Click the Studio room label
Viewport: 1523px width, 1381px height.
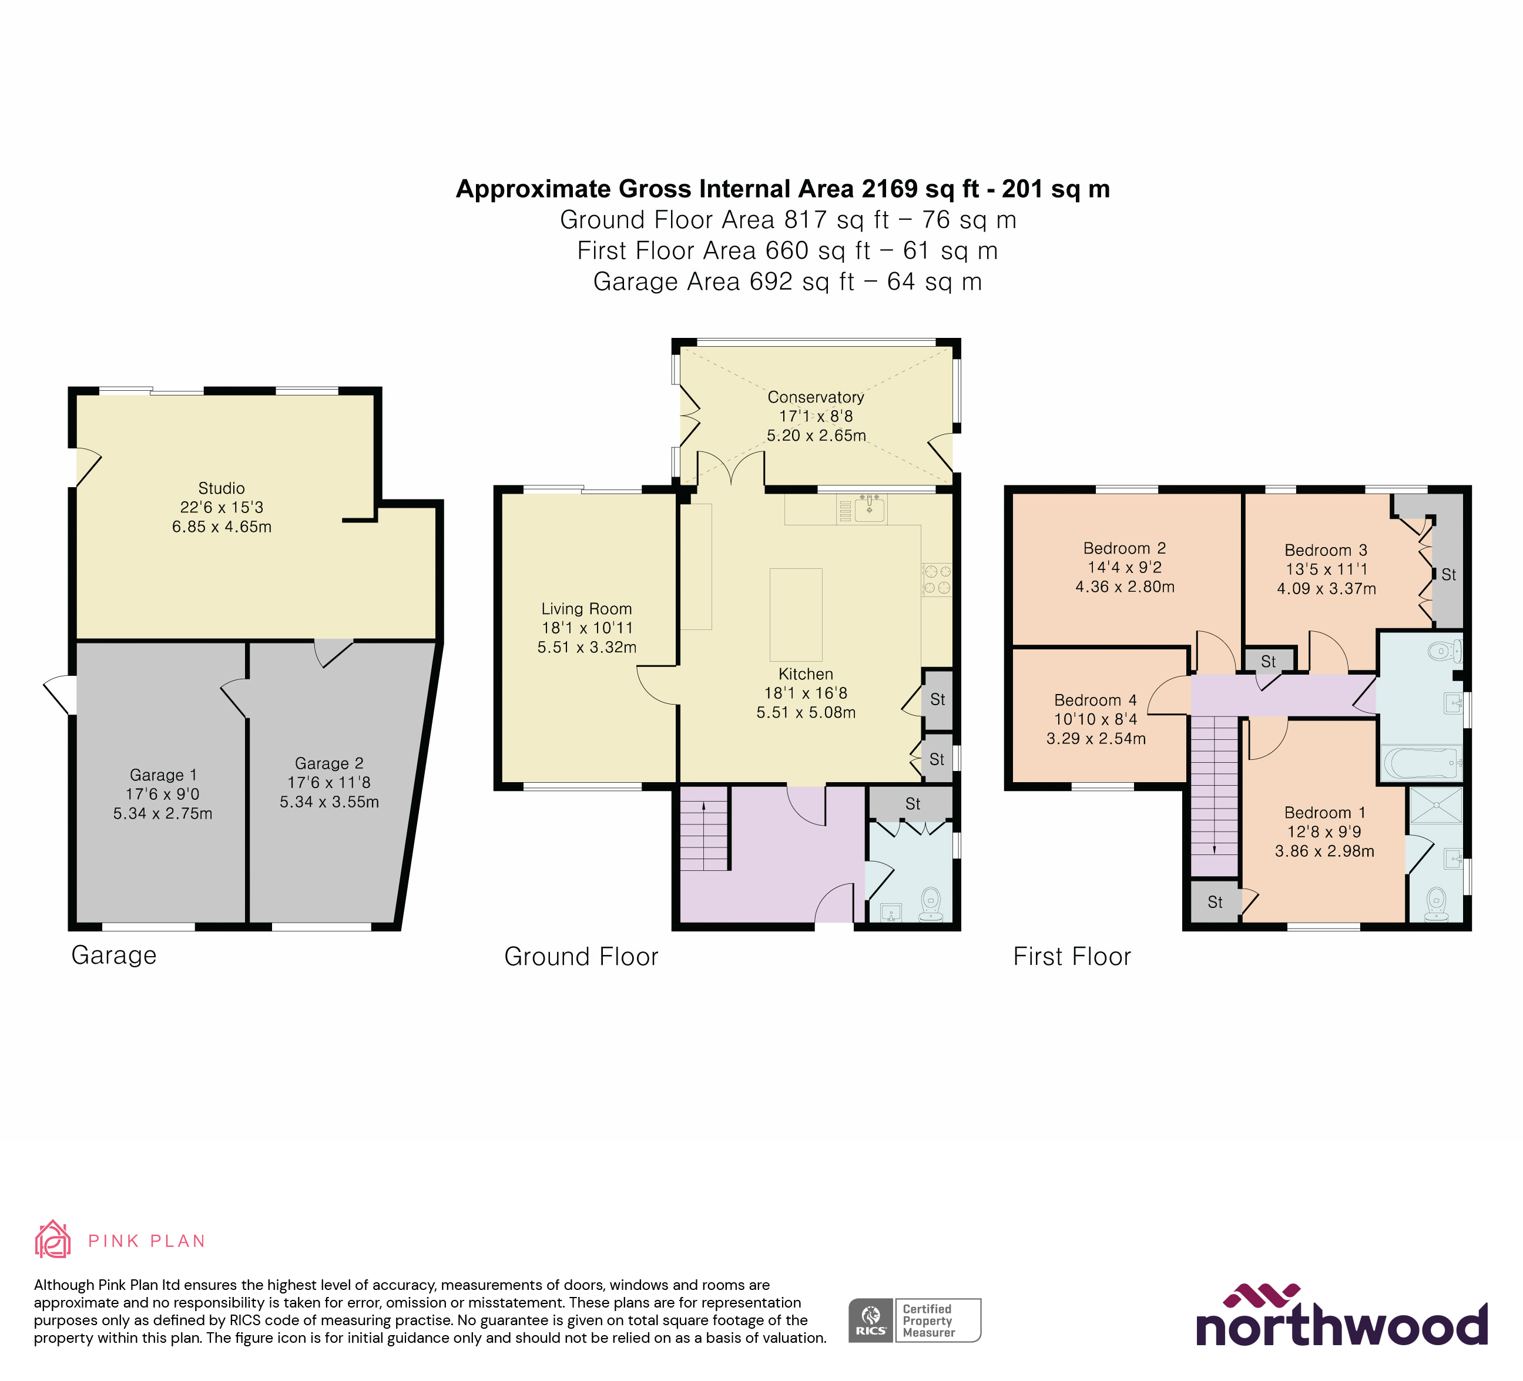(222, 488)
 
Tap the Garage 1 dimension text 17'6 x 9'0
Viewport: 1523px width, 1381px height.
(162, 794)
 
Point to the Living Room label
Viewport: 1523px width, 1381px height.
(586, 609)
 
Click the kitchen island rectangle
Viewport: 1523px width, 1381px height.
(796, 614)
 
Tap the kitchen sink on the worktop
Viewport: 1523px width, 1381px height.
(870, 508)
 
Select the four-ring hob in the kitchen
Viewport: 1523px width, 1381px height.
(937, 579)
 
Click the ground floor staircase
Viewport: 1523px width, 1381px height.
(703, 829)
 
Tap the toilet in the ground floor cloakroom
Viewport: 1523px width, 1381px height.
(931, 903)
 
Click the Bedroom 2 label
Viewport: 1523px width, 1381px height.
(1124, 548)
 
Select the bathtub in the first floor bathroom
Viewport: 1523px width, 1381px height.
(1420, 764)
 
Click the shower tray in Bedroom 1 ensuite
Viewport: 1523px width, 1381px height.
(1435, 805)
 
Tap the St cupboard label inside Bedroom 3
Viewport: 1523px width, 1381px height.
(1448, 575)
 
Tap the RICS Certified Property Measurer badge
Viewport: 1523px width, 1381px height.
(914, 1320)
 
